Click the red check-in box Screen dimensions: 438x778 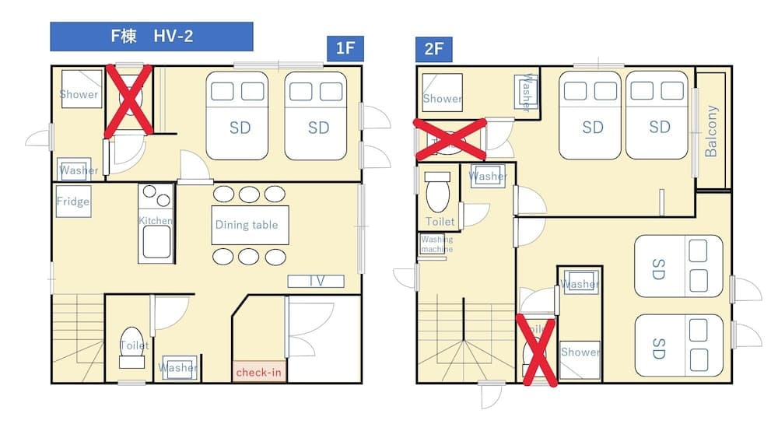[258, 372]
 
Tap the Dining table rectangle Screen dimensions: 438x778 [251, 226]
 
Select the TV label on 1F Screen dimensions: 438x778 [316, 281]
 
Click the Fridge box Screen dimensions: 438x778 [72, 201]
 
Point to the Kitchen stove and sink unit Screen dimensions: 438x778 [156, 223]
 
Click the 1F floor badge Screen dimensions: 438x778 [345, 49]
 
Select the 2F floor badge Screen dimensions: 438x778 [434, 49]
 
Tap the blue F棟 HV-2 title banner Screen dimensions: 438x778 [152, 37]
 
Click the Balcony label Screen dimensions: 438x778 [711, 131]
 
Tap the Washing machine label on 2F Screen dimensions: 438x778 [436, 244]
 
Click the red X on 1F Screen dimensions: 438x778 [129, 101]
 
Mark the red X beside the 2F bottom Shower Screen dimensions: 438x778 [537, 351]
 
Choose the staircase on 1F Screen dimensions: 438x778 [78, 338]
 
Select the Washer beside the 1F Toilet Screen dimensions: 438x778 [178, 366]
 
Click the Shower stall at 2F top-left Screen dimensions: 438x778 [442, 93]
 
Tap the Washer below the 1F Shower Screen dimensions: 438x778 [78, 169]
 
